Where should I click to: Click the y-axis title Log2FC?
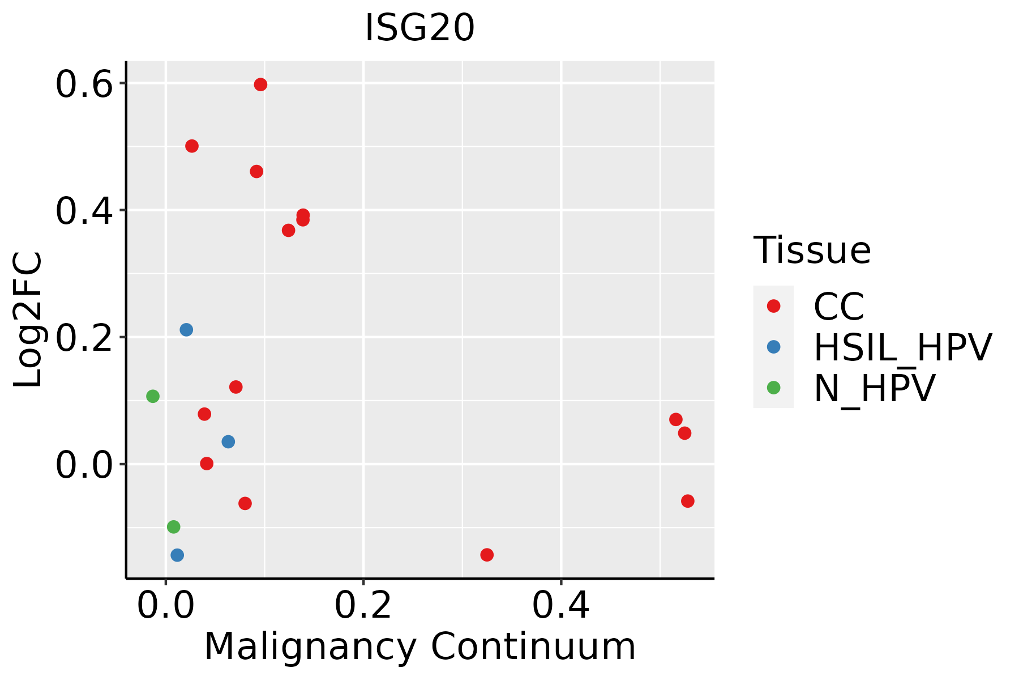click(28, 320)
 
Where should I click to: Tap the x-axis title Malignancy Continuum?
click(419, 647)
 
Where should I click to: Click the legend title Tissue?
click(812, 250)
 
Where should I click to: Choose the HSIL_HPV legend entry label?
click(902, 347)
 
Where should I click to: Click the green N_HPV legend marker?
click(773, 388)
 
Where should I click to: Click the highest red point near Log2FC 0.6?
click(260, 85)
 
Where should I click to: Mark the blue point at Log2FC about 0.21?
click(186, 330)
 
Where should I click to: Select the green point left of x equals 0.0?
click(153, 396)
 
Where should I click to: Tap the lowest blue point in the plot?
click(177, 555)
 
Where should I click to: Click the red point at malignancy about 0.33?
click(487, 554)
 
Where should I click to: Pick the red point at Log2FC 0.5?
click(192, 146)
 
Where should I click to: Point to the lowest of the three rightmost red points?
click(688, 501)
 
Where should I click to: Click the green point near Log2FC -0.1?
click(174, 527)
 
